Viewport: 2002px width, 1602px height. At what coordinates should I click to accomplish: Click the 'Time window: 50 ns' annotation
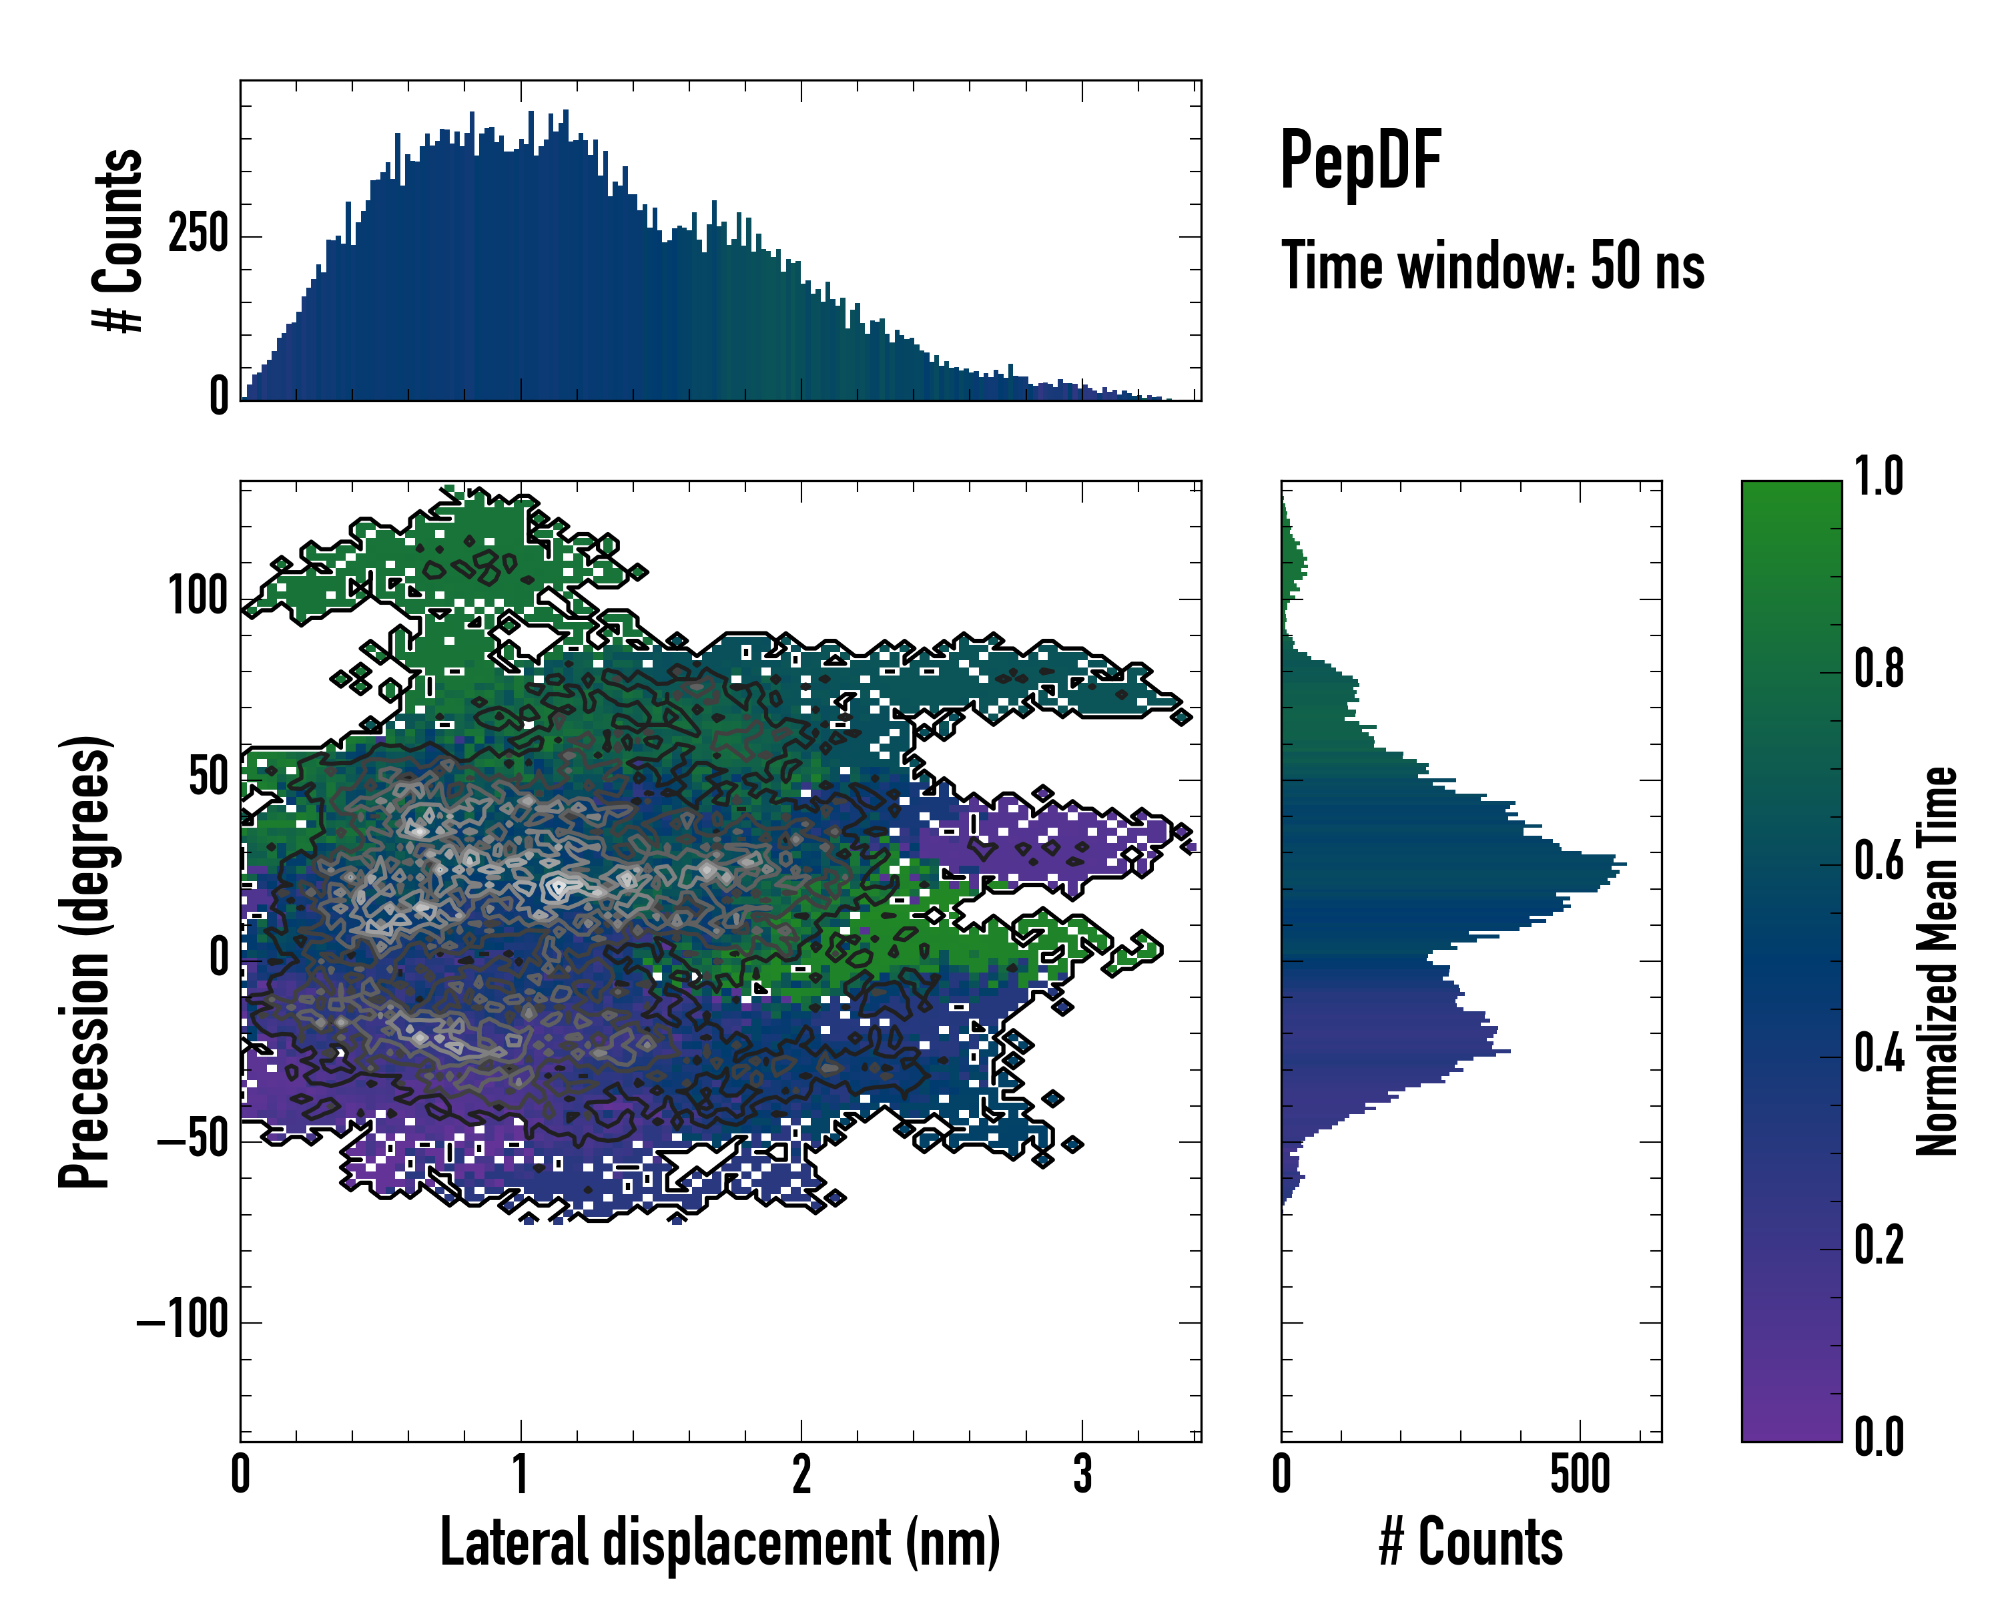(1492, 266)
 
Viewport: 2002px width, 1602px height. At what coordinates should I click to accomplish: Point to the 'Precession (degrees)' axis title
(85, 961)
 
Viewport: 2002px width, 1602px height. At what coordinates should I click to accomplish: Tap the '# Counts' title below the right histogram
(1471, 1543)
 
